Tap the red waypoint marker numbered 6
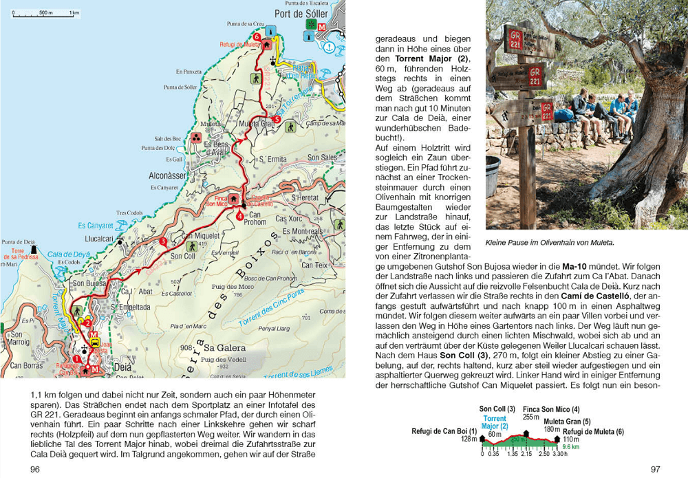pos(257,36)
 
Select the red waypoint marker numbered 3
pos(163,241)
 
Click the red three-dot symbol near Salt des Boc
pos(195,137)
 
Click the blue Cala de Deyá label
pos(69,253)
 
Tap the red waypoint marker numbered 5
pos(277,120)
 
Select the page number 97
pos(656,469)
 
